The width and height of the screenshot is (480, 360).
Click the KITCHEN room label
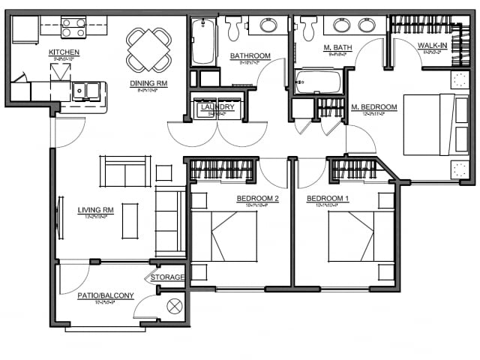(x=64, y=52)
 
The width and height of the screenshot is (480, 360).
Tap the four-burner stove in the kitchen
(x=73, y=28)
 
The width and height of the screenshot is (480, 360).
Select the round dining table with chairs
(x=148, y=49)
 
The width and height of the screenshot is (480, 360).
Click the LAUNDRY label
(x=217, y=108)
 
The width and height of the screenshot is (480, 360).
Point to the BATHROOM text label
(x=250, y=56)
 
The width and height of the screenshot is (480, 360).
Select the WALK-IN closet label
(x=433, y=46)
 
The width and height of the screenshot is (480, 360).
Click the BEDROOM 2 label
(x=257, y=199)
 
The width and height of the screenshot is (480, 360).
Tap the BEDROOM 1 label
(x=328, y=199)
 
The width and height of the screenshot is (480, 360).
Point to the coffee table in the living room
(x=130, y=220)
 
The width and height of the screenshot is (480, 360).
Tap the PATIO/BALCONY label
(x=105, y=295)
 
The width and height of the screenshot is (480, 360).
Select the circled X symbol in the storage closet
(x=175, y=306)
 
